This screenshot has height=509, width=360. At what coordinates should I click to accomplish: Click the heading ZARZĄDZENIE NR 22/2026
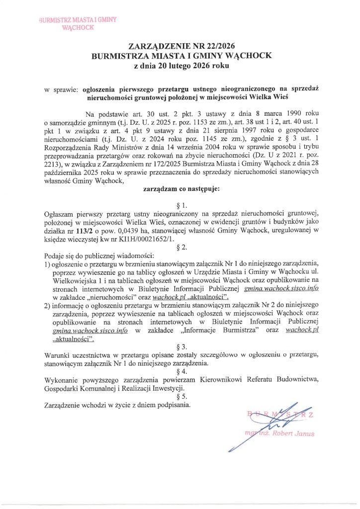coord(180,47)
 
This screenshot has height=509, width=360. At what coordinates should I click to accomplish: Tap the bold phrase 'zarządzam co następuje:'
coord(180,189)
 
